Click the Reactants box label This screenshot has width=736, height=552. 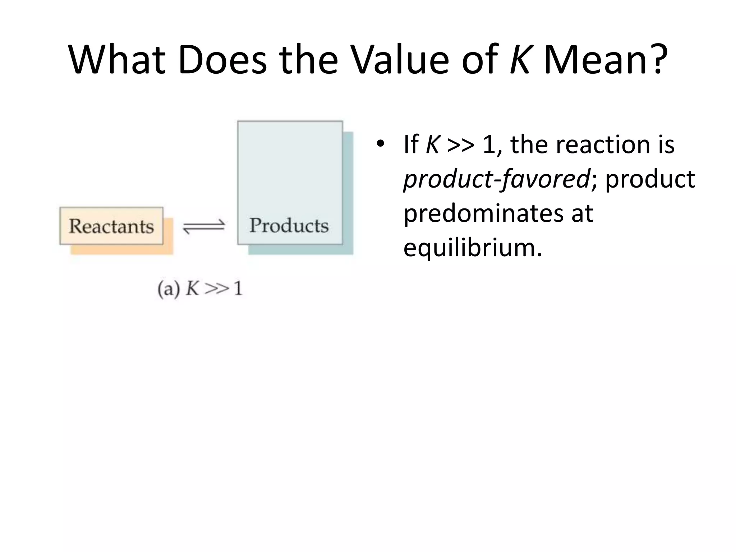[111, 226]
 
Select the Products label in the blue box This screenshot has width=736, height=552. [289, 225]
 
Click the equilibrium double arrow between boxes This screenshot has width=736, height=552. [204, 226]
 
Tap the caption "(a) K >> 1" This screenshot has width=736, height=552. [200, 288]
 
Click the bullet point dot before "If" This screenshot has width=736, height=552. [380, 144]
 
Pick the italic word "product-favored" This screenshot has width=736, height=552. [496, 179]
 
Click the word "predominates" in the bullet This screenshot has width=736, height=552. [482, 213]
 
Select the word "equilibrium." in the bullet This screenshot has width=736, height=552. [473, 248]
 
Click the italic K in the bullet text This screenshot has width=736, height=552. [432, 144]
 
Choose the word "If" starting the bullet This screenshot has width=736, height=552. [411, 144]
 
